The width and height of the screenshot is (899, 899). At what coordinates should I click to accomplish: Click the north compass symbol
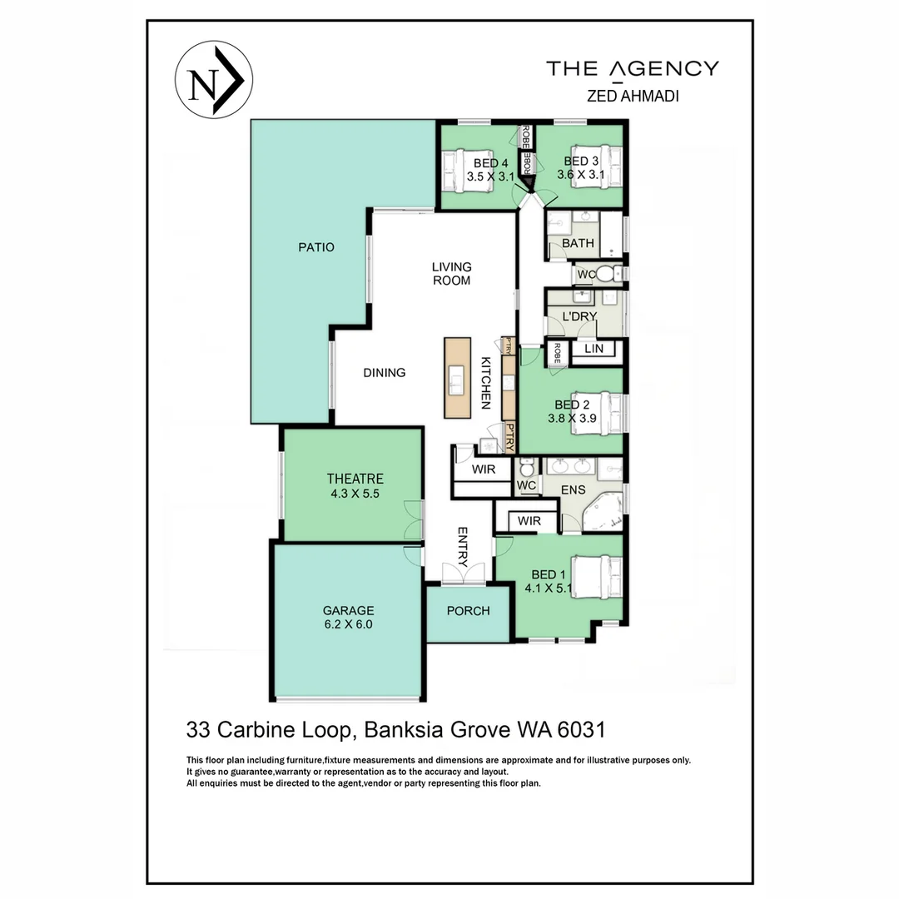point(213,80)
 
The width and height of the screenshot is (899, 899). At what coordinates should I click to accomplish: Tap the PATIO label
point(316,247)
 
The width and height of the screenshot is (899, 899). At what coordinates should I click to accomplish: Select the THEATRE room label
point(355,479)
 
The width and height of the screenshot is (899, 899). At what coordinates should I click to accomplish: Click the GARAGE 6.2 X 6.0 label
point(348,618)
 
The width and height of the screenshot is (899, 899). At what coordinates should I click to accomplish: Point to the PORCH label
point(468,611)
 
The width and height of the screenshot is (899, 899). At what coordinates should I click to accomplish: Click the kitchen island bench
point(457,378)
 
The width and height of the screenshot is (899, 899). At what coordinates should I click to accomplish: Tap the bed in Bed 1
point(597,578)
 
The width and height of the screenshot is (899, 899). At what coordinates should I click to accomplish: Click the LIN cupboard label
point(594,349)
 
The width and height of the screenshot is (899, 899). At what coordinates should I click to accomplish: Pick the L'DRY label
point(579,316)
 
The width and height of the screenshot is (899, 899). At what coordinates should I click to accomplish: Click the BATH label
point(578,243)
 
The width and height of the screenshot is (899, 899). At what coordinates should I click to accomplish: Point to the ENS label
point(573,489)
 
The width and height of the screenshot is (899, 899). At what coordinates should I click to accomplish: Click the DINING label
point(384,373)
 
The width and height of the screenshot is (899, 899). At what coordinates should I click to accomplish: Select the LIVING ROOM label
point(451,274)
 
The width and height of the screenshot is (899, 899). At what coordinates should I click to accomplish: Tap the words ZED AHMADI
point(633,96)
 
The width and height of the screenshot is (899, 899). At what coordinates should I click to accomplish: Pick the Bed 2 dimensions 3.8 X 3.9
point(572,419)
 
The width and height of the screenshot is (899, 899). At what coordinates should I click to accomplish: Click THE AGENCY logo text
point(633,69)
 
